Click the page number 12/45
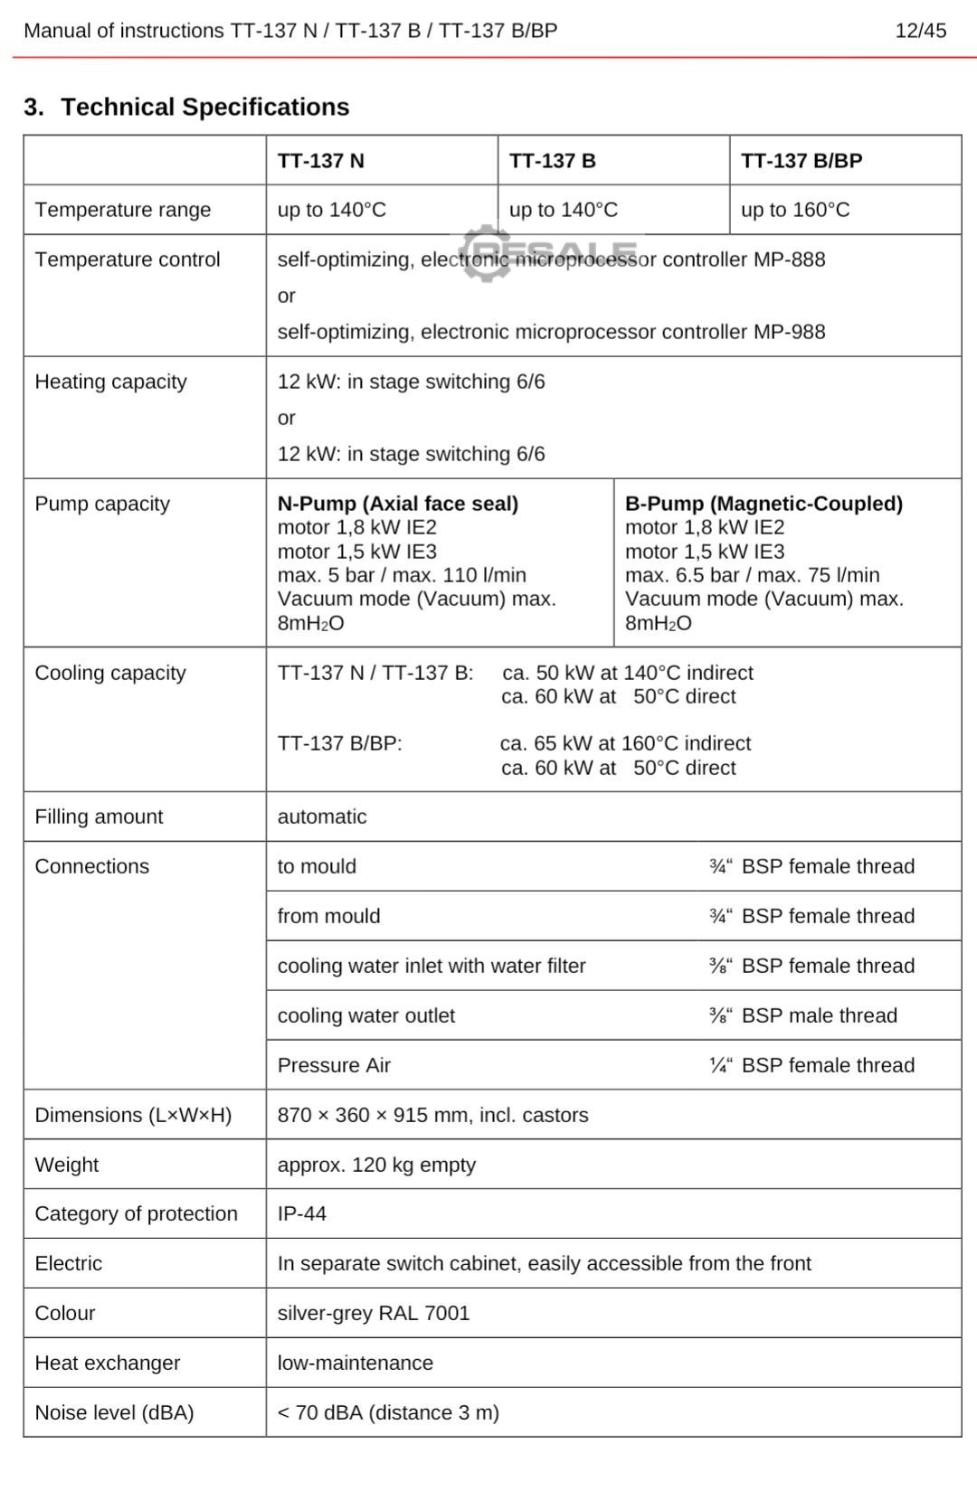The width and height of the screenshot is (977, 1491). coord(920,31)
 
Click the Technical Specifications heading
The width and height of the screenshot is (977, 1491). coord(204,107)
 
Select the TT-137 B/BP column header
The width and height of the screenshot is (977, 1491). coord(802,161)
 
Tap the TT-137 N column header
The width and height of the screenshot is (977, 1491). coord(321,161)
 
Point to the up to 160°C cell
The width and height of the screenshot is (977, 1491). coord(795,210)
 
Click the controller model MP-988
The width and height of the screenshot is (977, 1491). coord(789,332)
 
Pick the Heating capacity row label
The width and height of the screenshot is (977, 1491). coord(110,382)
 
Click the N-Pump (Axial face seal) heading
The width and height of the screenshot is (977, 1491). coord(398,504)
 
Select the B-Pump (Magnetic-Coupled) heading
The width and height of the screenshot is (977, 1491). coord(764,504)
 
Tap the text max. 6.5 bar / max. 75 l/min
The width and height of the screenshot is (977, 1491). coord(752,575)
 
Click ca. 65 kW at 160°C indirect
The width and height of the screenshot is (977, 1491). coord(625,743)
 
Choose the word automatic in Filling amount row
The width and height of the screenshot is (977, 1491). coord(322,816)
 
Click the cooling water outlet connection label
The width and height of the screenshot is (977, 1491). coord(366,1015)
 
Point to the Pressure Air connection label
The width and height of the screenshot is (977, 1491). coord(334,1065)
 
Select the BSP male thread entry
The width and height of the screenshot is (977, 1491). coord(819,1015)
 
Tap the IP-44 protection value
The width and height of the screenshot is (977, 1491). coord(302,1213)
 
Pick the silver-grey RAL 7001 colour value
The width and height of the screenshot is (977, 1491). coord(374,1313)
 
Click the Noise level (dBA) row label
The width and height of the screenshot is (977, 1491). coord(114,1412)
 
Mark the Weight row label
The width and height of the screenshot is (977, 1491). coord(67,1165)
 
